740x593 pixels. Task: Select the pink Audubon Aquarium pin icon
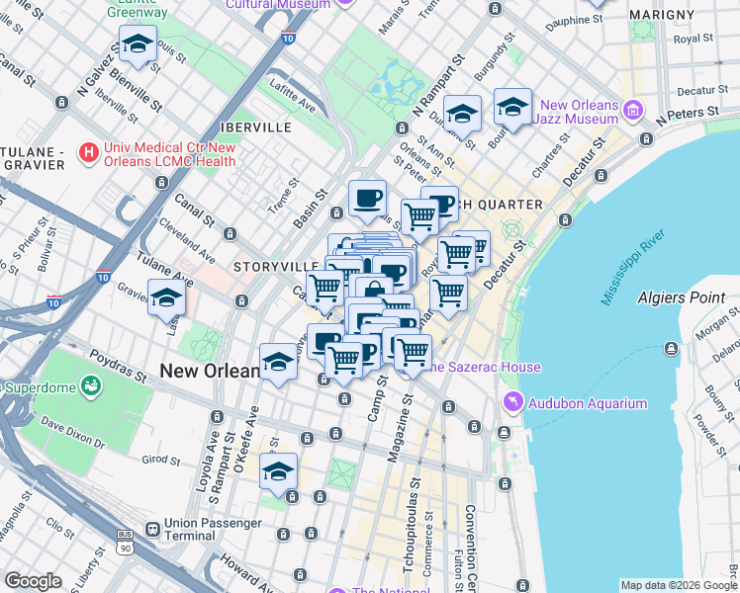[x=512, y=402]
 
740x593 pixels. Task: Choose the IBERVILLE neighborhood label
[x=256, y=127]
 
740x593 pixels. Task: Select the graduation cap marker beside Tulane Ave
[x=166, y=296]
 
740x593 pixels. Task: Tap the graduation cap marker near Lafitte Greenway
[x=138, y=43]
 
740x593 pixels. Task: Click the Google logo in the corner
[x=33, y=581]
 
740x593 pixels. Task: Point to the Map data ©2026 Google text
[x=678, y=585]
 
